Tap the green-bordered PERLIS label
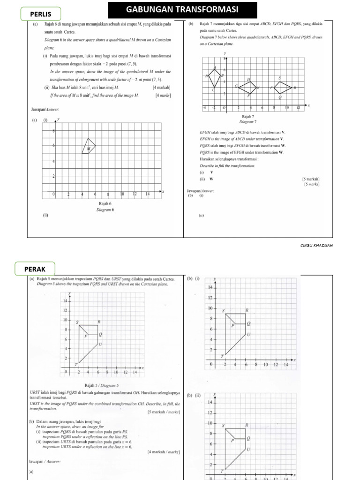(41, 14)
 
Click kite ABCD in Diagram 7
(215, 77)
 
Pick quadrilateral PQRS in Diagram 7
(282, 87)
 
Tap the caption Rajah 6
(105, 203)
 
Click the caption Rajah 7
(248, 116)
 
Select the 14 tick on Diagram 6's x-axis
(147, 194)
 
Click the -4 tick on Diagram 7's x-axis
(204, 108)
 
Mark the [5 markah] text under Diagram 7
(311, 179)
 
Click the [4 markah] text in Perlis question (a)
(161, 88)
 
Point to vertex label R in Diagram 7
(295, 88)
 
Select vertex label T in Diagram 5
(76, 364)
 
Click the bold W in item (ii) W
(211, 179)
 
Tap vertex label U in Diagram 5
(100, 345)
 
